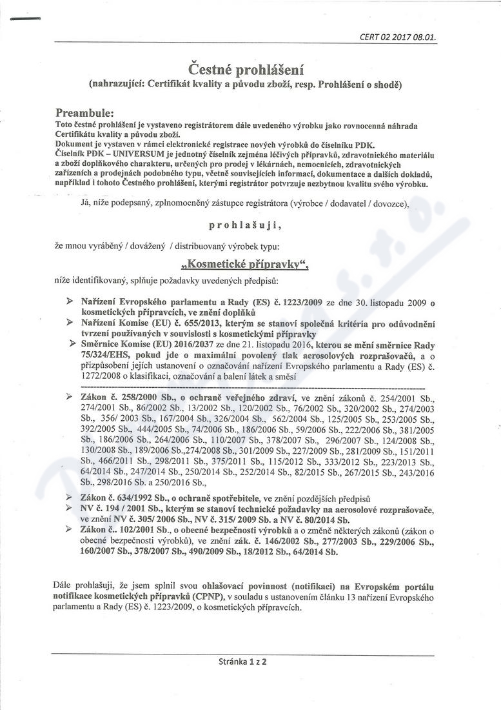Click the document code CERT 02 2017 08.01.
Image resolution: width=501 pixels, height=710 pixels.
point(397,37)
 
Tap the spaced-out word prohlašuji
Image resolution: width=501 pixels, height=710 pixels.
point(246,226)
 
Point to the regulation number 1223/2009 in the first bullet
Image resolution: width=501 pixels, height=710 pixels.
point(307,302)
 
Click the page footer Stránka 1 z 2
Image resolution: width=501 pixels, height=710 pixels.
point(243,661)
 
